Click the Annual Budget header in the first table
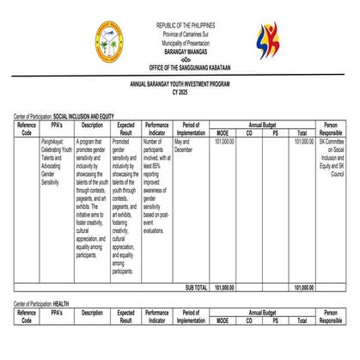click(x=263, y=125)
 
